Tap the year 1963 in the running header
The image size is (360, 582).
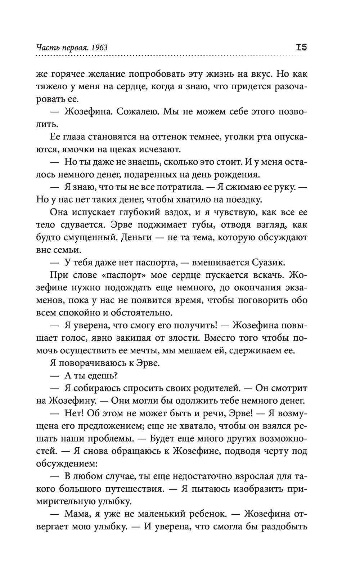(x=100, y=48)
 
